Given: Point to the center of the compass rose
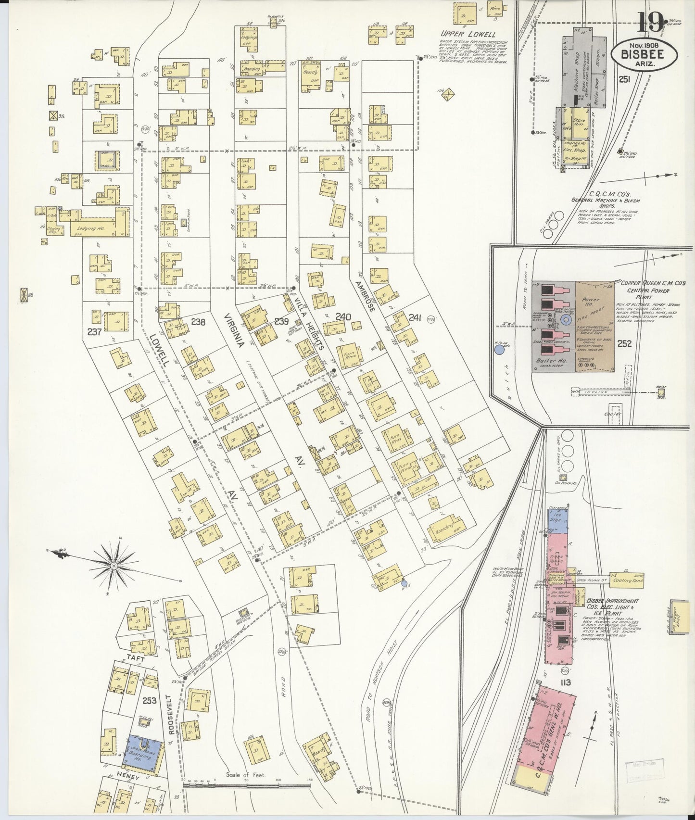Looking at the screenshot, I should point(114,565).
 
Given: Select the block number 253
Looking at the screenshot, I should point(149,700).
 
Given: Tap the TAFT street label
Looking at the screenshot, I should point(136,657).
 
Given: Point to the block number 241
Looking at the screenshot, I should point(414,317).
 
